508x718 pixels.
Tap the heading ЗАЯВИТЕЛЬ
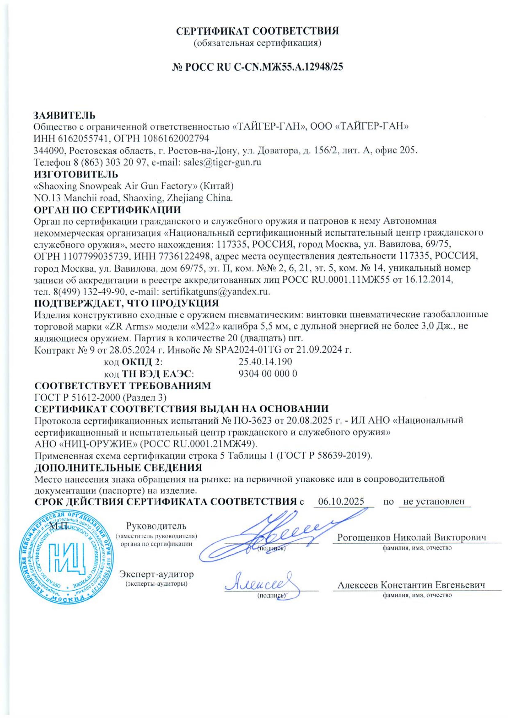click(65, 115)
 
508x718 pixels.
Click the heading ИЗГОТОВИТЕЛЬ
click(76, 174)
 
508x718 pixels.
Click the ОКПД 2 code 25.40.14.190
click(266, 362)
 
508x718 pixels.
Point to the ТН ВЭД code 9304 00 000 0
click(268, 373)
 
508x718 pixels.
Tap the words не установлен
click(434, 502)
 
